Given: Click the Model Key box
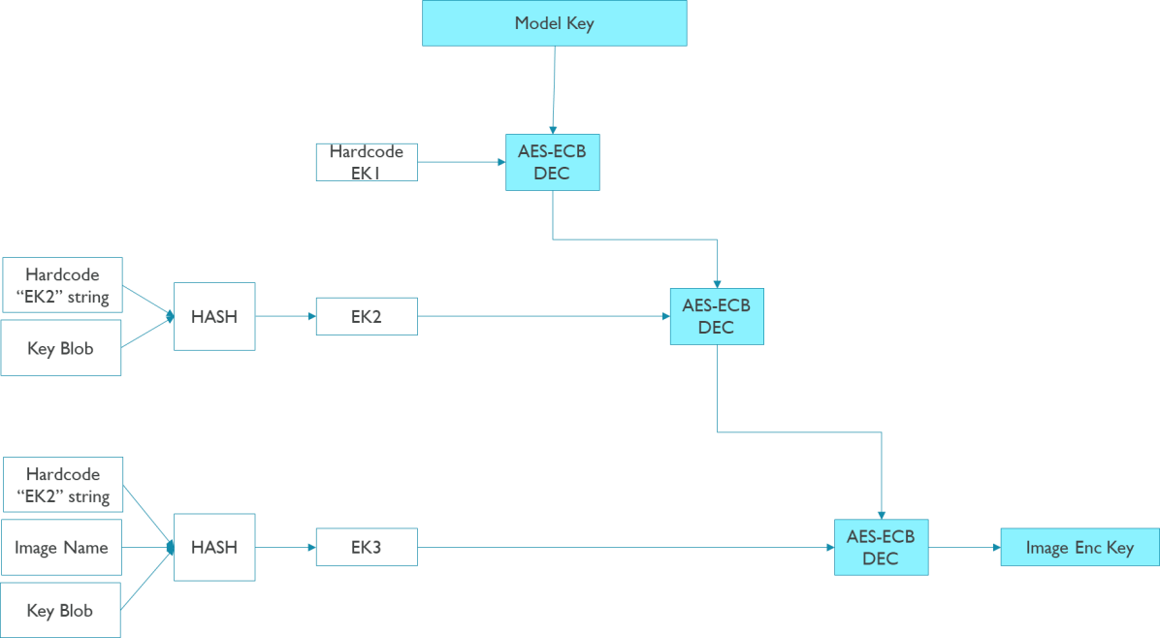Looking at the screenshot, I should click(x=554, y=23).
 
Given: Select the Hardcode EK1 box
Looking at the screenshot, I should click(x=367, y=162).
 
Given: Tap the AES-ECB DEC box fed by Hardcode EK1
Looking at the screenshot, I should click(x=552, y=162).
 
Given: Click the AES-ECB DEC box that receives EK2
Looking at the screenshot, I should click(x=716, y=316).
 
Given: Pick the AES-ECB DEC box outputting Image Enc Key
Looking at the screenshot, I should click(x=881, y=547).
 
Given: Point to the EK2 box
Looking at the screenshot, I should click(x=367, y=316).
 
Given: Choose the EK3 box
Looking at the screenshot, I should click(x=367, y=547).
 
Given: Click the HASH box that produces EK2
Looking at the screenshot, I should click(x=214, y=316).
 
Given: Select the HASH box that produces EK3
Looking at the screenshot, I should click(x=214, y=547).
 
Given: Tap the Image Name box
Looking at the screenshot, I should click(x=61, y=548).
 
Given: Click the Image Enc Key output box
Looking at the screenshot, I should click(x=1079, y=547).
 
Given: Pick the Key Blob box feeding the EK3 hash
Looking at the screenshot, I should click(x=60, y=610).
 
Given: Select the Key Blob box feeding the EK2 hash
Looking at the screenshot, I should click(x=61, y=348).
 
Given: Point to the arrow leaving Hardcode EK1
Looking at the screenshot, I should click(x=461, y=162).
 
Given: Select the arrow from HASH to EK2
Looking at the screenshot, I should click(x=285, y=316).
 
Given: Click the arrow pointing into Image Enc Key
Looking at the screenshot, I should click(x=964, y=547).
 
